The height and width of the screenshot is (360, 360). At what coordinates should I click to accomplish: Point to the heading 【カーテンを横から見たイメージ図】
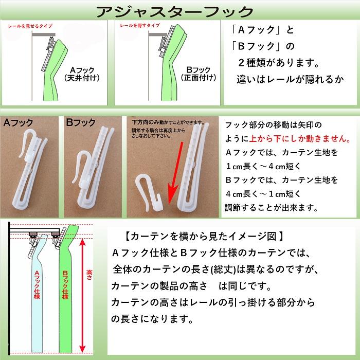coord(204,237)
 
